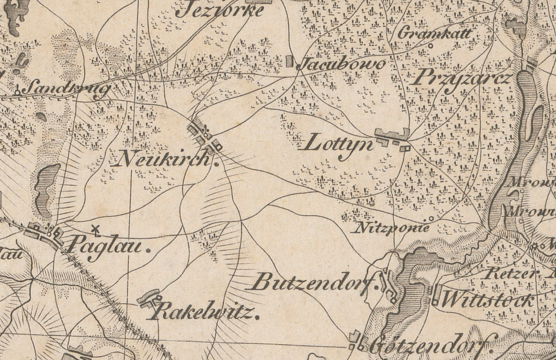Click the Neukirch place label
(164, 159)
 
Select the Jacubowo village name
(342, 64)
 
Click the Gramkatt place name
(435, 33)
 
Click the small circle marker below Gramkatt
(430, 46)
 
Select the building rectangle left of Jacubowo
(290, 61)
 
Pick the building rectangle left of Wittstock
(436, 295)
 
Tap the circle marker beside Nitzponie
(431, 219)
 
